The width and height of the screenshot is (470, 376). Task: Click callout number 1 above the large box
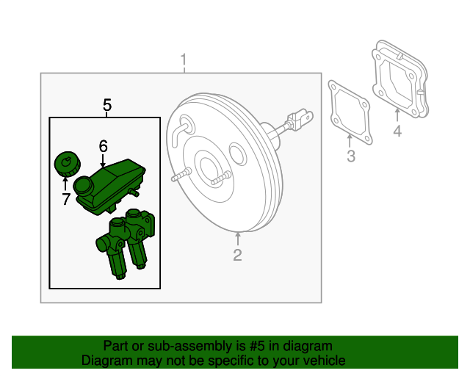tap(184, 59)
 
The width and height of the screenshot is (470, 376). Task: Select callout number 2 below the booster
tap(237, 255)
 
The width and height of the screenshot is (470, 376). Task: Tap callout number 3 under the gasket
tap(351, 156)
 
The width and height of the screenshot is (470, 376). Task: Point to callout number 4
tap(397, 131)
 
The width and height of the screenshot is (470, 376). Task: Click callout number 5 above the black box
tap(107, 106)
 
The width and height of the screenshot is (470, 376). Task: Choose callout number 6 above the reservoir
tap(103, 145)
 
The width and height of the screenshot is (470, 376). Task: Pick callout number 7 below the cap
tap(65, 198)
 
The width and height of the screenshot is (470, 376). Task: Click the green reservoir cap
tap(65, 163)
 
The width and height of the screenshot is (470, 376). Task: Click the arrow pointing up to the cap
tap(65, 183)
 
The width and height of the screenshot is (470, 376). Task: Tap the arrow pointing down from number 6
tap(103, 159)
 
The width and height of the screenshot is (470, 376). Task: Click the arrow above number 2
tap(237, 239)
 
